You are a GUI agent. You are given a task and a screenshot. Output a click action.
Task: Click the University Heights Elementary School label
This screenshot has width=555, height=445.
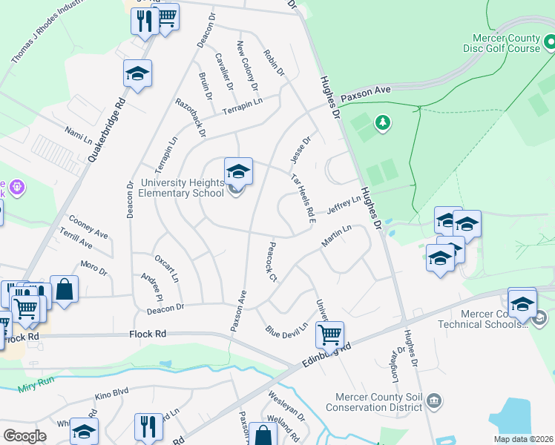click(x=181, y=188)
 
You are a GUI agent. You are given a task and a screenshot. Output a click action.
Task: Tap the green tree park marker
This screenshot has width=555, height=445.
click(x=382, y=122)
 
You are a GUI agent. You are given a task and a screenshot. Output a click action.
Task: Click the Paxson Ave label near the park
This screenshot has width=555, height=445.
click(x=365, y=93)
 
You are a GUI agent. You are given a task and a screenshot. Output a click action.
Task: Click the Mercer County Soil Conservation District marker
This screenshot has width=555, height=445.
click(x=435, y=402)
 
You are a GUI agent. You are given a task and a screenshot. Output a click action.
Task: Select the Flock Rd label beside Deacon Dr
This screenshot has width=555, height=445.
click(x=147, y=334)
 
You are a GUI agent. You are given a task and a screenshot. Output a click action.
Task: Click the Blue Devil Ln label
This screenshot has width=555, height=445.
click(x=286, y=330)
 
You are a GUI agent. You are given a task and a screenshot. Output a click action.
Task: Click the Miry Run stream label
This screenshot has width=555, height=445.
click(x=34, y=386)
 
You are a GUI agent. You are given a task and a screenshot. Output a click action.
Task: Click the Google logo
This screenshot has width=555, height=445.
click(x=25, y=436)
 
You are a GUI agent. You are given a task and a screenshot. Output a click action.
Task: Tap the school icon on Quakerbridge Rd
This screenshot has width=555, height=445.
click(x=137, y=73)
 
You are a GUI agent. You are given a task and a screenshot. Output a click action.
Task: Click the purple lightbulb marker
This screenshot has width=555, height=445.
click(x=16, y=187)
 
